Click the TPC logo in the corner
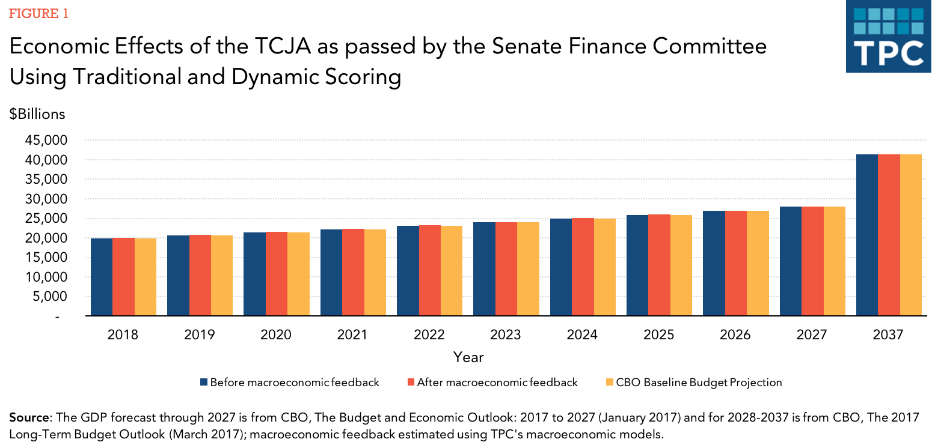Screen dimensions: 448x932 coord(888,37)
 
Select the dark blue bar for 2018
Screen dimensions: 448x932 coord(102,277)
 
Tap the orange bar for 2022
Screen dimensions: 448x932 coord(452,270)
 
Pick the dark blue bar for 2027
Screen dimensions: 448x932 coord(791,261)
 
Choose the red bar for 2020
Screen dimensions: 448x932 coord(276,273)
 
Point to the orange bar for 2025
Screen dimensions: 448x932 coord(681,265)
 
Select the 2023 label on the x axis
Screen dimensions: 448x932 coord(506,334)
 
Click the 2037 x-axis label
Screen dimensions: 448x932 coord(888,334)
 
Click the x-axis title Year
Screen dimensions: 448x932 coord(468,357)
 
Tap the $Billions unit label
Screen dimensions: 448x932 coord(37,114)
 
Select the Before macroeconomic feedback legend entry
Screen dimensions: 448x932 coord(289,383)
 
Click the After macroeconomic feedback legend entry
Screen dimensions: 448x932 coord(491,383)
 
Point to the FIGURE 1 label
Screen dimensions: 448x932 coord(38,14)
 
